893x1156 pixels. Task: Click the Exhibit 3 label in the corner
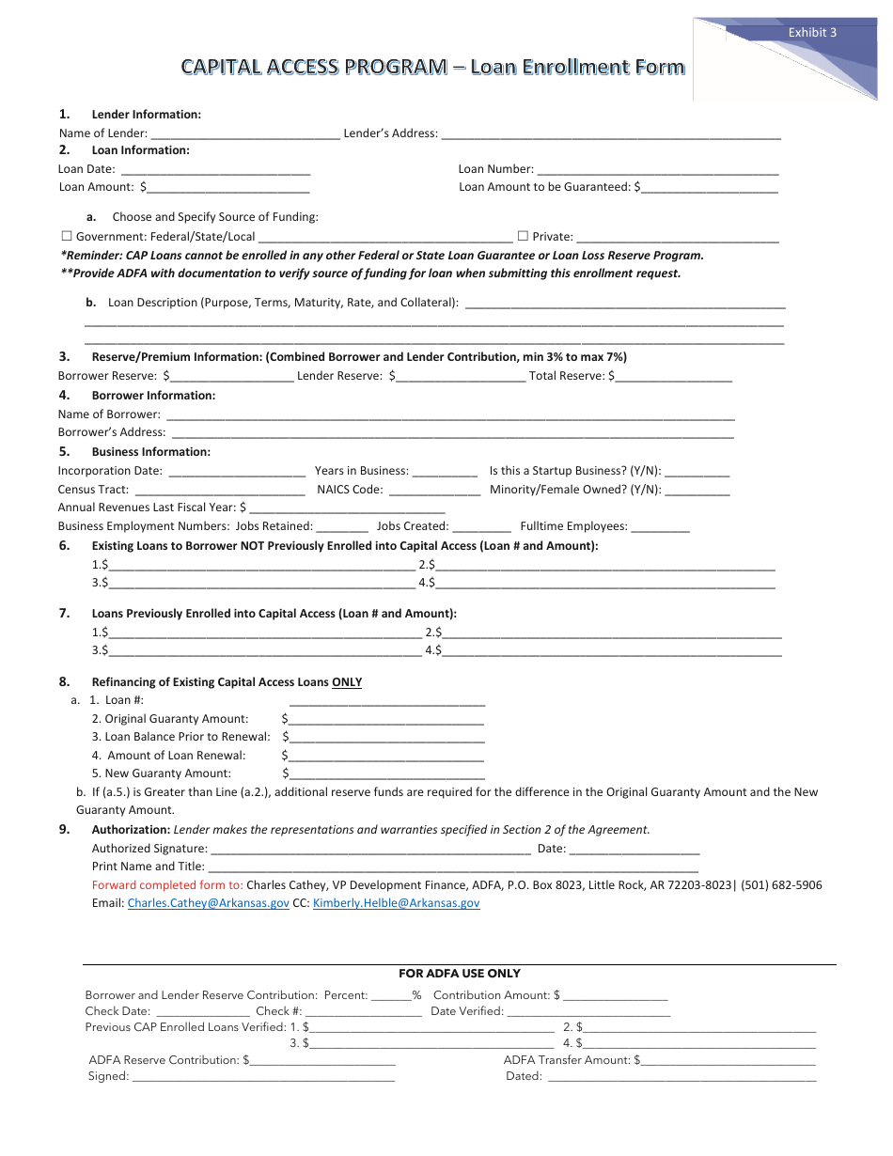coord(812,32)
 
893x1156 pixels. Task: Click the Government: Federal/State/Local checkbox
coord(67,237)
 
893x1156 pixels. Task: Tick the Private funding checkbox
coord(523,237)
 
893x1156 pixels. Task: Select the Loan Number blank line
coord(657,170)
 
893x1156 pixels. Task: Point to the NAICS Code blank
coord(434,491)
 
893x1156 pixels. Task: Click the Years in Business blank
coord(445,472)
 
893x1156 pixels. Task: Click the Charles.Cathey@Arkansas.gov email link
coord(209,903)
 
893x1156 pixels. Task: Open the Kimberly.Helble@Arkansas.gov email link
coord(396,903)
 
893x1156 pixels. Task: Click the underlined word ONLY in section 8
coord(347,682)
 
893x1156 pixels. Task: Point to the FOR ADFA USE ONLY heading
coord(460,974)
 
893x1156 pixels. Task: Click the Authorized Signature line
coord(371,850)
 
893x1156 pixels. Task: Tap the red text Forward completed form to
coord(167,885)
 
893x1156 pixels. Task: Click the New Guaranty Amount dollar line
coord(387,774)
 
